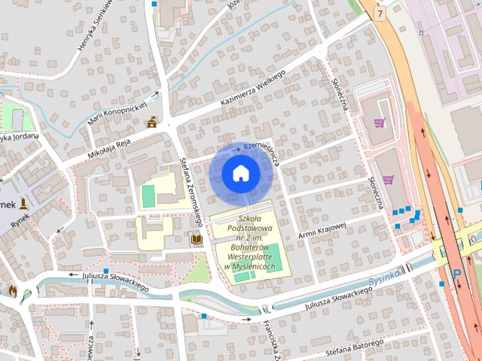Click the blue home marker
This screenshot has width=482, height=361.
(240, 173)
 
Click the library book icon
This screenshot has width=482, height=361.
(196, 239)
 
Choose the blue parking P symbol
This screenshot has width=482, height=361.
(456, 278)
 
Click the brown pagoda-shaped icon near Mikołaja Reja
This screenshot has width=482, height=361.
(154, 122)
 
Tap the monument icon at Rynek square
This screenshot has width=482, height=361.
(24, 203)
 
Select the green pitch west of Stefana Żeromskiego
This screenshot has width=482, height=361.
(148, 196)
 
